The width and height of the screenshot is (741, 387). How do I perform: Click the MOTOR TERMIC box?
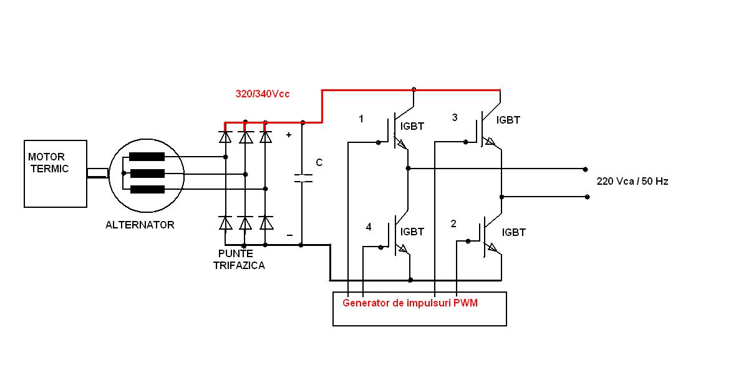pos(55,174)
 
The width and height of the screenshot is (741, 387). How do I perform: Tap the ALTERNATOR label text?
pos(140,225)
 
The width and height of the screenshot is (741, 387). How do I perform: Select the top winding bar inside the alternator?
pos(147,157)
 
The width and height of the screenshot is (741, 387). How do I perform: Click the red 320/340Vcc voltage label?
pos(262,94)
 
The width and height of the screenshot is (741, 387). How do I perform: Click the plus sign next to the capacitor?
pos(288,134)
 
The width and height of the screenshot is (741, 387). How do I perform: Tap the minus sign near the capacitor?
pos(289,235)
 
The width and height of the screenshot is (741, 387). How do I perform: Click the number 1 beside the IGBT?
pos(361,119)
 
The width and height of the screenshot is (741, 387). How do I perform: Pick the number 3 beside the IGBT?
pos(454,117)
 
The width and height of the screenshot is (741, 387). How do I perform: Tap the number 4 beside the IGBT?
pos(369,227)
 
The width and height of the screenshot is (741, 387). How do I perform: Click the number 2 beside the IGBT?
pos(453,223)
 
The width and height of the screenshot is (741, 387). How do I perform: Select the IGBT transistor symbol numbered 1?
pos(397,132)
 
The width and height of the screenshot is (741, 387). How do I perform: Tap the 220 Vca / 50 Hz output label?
pos(632,181)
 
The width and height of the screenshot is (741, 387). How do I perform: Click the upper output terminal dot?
pos(585,169)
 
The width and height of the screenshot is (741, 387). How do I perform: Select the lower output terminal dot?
pos(587,197)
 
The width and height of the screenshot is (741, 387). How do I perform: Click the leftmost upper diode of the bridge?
pos(226,136)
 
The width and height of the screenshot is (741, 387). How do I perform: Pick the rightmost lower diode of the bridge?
pos(266,222)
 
